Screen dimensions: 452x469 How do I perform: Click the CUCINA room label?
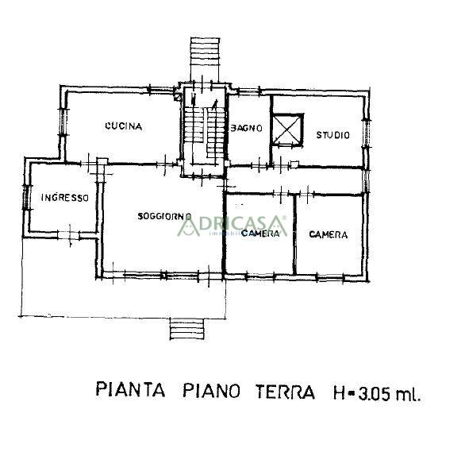click(x=123, y=126)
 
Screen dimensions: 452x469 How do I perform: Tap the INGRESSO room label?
click(x=65, y=198)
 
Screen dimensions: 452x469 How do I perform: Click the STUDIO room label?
click(x=333, y=135)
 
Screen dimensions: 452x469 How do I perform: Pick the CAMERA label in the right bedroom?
click(x=329, y=234)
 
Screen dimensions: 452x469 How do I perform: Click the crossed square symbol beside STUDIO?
click(x=286, y=130)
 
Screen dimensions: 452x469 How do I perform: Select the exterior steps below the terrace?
click(x=188, y=329)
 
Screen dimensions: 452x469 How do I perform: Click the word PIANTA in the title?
click(x=130, y=391)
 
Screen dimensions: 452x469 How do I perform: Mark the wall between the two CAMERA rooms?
click(x=294, y=234)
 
